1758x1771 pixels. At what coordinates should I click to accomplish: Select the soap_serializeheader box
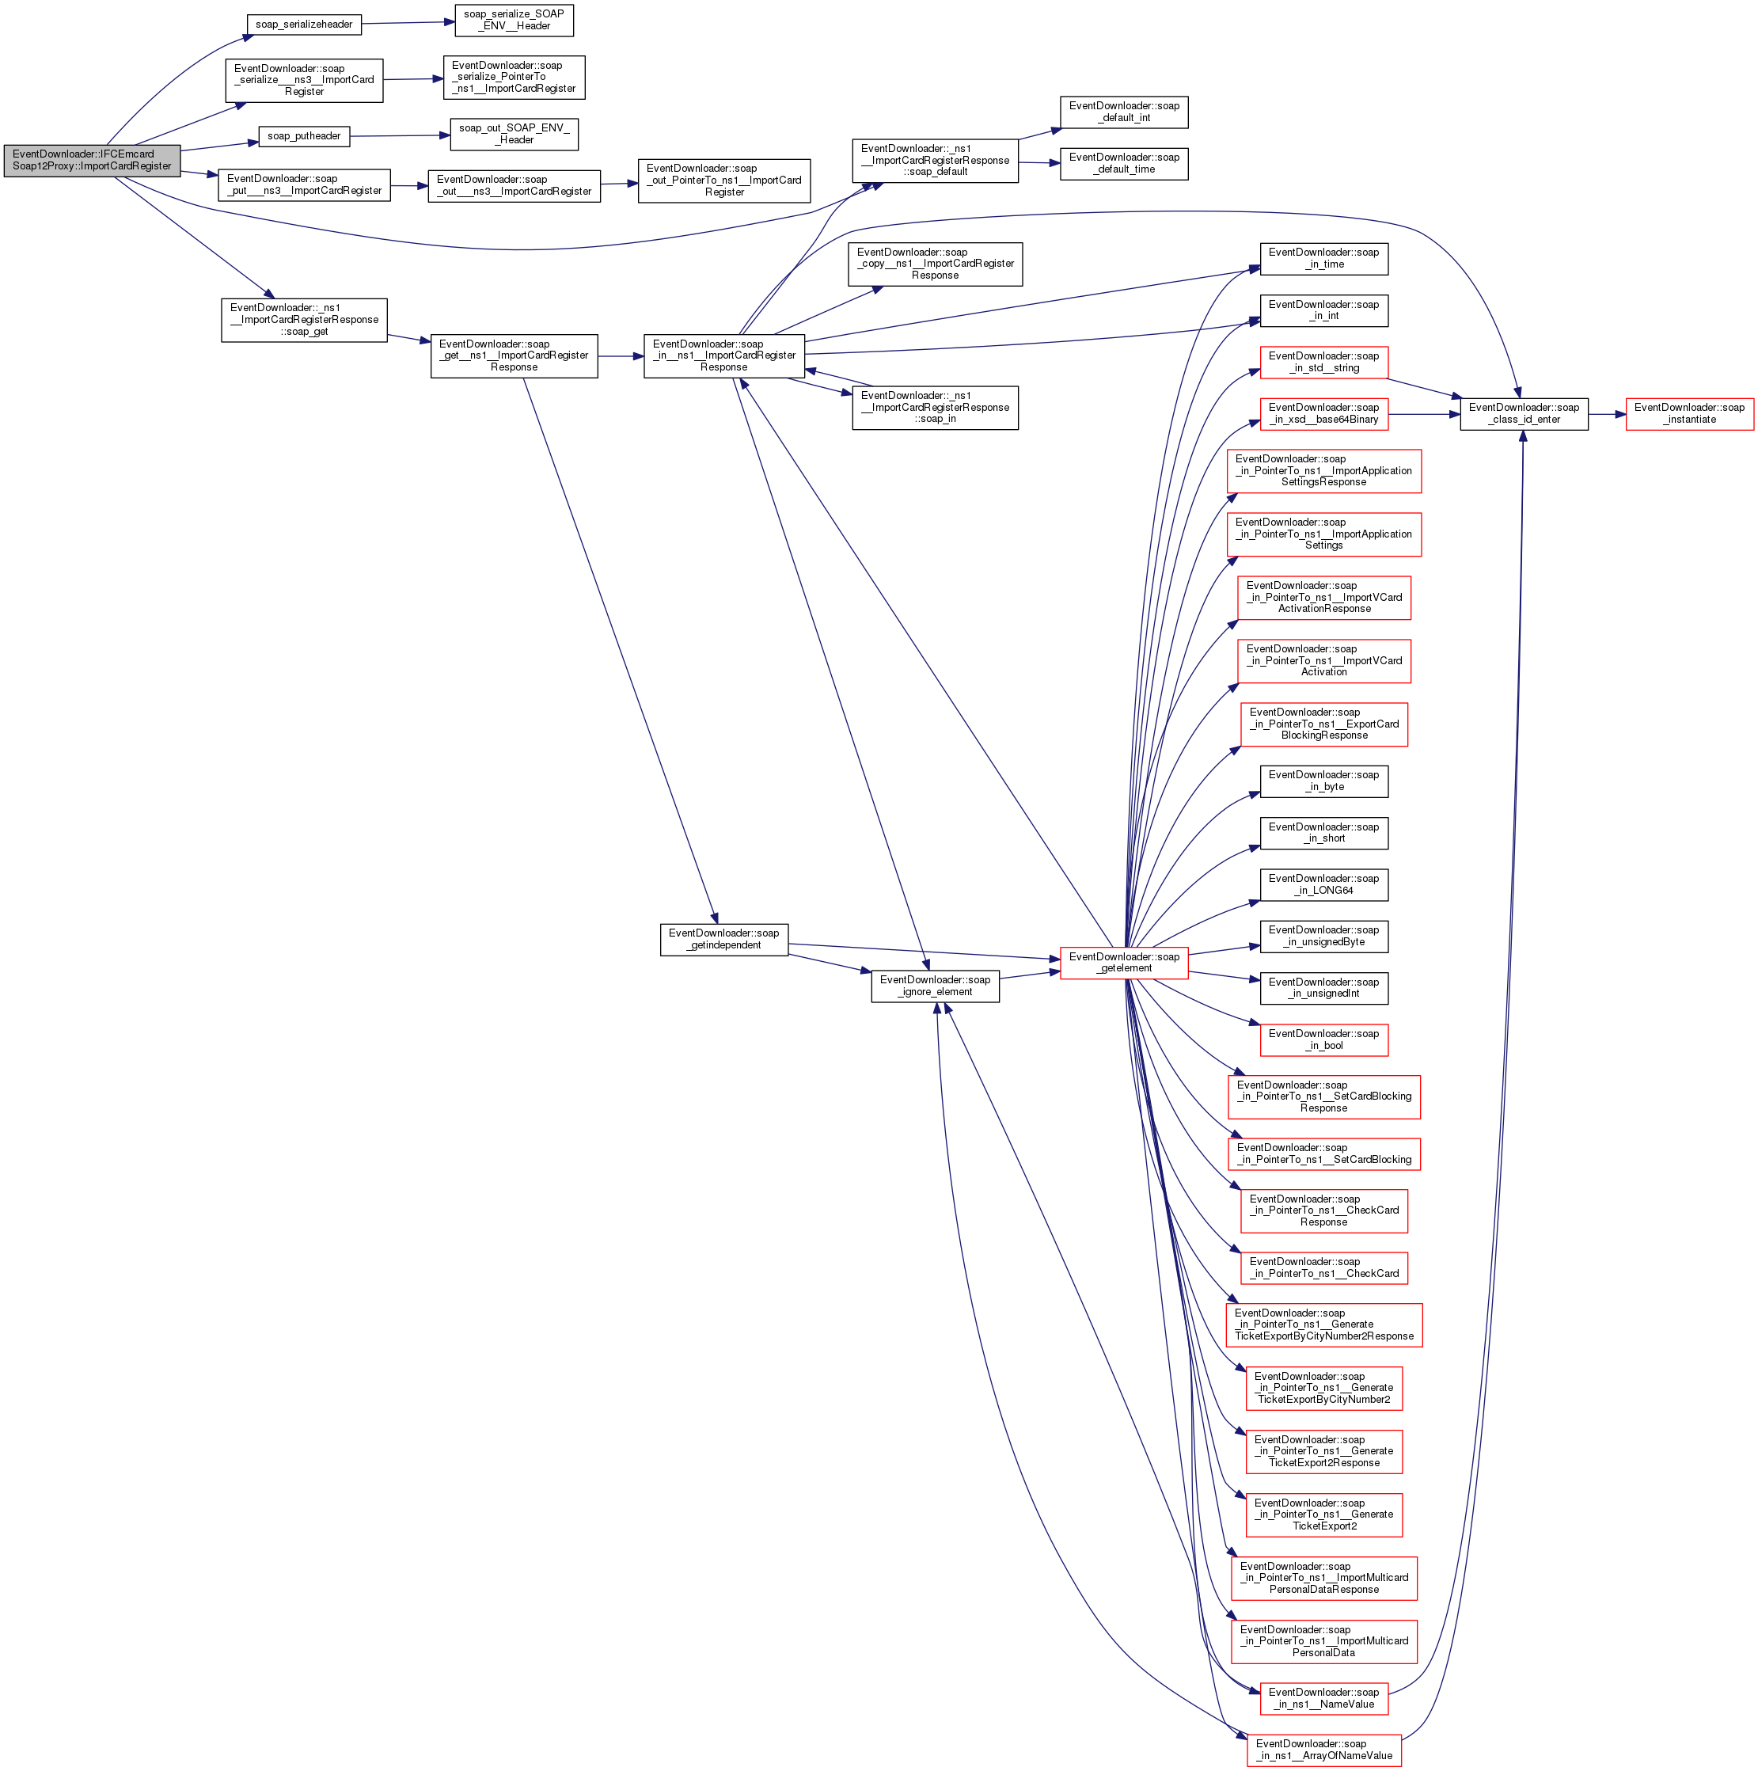[303, 25]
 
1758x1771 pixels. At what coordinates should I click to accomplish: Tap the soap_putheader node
[303, 137]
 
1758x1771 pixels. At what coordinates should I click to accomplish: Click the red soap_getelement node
[1124, 963]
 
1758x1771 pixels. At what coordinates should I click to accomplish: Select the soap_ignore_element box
[935, 986]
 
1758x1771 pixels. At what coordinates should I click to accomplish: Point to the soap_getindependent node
[723, 940]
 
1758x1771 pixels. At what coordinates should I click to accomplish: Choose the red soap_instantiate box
[1689, 413]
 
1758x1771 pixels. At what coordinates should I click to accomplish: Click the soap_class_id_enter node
[1524, 413]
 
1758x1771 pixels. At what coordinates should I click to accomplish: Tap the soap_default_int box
[1124, 112]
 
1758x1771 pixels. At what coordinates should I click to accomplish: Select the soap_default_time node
[1124, 163]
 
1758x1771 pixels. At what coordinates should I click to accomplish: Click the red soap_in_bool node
[1323, 1039]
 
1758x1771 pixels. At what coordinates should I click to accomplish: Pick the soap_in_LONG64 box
[1323, 884]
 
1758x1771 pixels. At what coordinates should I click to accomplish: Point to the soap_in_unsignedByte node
[1323, 936]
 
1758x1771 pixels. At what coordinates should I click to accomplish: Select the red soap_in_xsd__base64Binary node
[1323, 413]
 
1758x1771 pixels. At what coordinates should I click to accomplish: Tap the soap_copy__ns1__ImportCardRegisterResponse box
[935, 264]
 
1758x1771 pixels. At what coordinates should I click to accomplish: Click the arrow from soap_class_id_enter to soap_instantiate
[1607, 414]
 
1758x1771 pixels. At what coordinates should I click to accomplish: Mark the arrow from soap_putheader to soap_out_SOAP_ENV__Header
[400, 135]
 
